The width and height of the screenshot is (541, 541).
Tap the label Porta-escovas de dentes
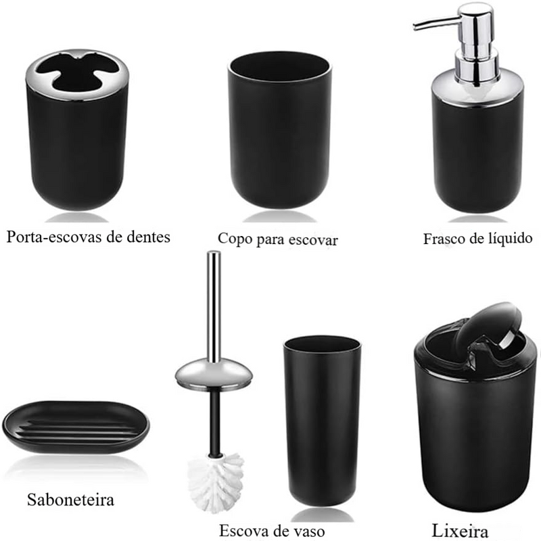click(x=88, y=237)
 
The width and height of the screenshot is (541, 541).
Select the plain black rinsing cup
click(x=280, y=135)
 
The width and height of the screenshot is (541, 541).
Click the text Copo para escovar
click(x=277, y=239)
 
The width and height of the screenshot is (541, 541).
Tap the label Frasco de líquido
click(x=477, y=238)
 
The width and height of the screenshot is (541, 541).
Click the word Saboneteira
click(x=70, y=500)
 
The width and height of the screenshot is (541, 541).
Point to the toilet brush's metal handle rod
click(x=214, y=304)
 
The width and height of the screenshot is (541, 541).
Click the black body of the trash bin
click(x=473, y=433)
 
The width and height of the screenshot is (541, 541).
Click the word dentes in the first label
click(x=146, y=237)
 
